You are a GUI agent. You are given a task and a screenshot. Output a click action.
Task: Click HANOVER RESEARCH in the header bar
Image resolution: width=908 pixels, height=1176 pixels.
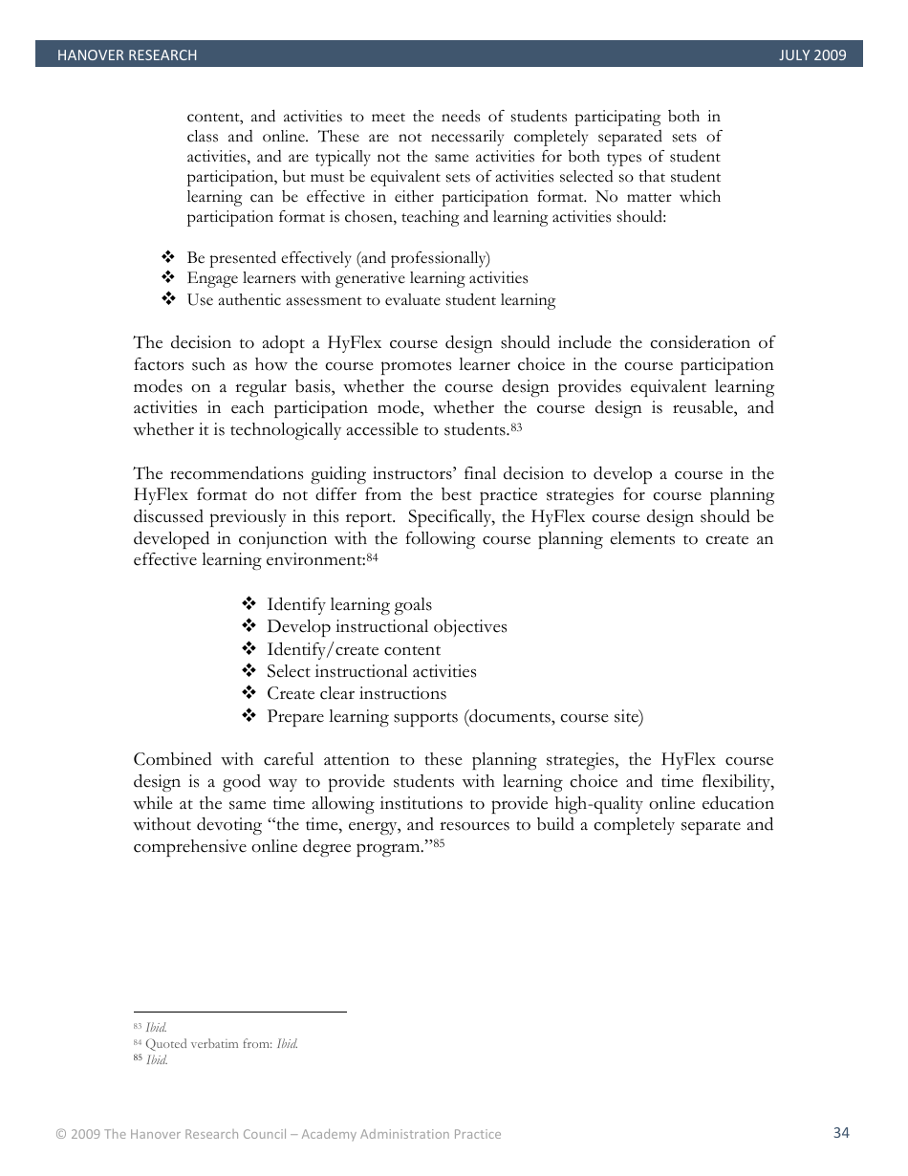(126, 55)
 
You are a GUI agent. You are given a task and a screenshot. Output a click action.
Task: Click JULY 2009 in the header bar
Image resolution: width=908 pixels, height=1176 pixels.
(812, 55)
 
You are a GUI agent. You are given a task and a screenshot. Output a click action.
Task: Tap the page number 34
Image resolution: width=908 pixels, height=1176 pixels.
(841, 1133)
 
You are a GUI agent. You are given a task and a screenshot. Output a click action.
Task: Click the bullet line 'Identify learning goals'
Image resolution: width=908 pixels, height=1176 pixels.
(349, 604)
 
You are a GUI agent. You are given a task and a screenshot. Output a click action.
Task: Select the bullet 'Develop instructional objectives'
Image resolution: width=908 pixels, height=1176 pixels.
(386, 626)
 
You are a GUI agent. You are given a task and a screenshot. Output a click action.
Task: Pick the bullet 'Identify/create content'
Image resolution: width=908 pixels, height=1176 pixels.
(354, 649)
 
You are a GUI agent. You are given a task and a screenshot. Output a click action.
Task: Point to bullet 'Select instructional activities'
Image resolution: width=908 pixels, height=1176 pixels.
(371, 671)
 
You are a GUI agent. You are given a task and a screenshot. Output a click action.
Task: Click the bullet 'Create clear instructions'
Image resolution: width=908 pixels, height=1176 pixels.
(357, 693)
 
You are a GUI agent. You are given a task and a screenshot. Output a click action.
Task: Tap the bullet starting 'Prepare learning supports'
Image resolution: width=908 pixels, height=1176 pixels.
(455, 716)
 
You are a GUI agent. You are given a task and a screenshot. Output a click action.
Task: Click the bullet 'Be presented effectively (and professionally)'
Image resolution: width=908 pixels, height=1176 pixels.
(338, 258)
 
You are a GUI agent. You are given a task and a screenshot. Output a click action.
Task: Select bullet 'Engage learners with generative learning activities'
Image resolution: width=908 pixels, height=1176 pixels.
(357, 278)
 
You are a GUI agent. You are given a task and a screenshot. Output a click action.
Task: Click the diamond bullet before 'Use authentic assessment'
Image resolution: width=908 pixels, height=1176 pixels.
(168, 299)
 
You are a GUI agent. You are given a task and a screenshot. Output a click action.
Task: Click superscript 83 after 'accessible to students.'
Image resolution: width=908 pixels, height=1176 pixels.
(516, 426)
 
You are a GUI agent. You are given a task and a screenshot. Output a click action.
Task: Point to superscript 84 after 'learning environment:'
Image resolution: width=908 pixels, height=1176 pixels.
(373, 556)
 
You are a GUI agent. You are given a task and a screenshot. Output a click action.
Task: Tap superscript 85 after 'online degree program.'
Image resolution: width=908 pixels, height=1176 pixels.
(439, 842)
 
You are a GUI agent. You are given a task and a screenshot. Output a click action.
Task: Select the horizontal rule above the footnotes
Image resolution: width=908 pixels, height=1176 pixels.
(240, 1012)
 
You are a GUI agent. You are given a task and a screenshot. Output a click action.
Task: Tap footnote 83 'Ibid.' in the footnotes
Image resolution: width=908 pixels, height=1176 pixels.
(156, 1027)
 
